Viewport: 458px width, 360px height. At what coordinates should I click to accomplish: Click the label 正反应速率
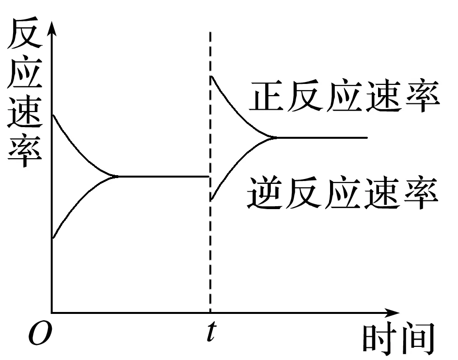click(344, 98)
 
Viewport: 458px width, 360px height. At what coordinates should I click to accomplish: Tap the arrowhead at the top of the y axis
click(52, 27)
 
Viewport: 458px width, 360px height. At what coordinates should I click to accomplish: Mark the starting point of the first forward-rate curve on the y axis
click(52, 115)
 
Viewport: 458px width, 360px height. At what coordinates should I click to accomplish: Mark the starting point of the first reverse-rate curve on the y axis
click(52, 238)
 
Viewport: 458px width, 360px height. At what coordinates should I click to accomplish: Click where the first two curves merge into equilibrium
click(115, 176)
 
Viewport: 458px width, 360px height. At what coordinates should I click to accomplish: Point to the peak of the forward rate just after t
click(210, 76)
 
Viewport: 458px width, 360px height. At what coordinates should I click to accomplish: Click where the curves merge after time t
click(274, 138)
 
